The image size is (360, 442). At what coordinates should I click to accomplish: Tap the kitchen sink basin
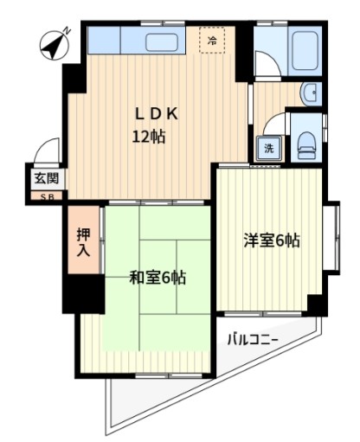coord(162,42)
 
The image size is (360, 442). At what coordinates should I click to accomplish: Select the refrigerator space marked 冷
coord(212,40)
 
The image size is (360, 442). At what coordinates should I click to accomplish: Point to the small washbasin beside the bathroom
coord(309,93)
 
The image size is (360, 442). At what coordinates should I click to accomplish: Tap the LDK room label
coord(156,113)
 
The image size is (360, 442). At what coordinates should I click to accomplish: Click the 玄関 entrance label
coord(46,180)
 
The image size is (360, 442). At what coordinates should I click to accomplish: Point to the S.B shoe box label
coord(46,196)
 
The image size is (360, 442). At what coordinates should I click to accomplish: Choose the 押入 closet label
coord(82,242)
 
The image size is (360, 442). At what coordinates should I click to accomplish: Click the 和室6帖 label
coord(157,278)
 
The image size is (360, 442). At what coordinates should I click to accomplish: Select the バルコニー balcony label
coord(253,338)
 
